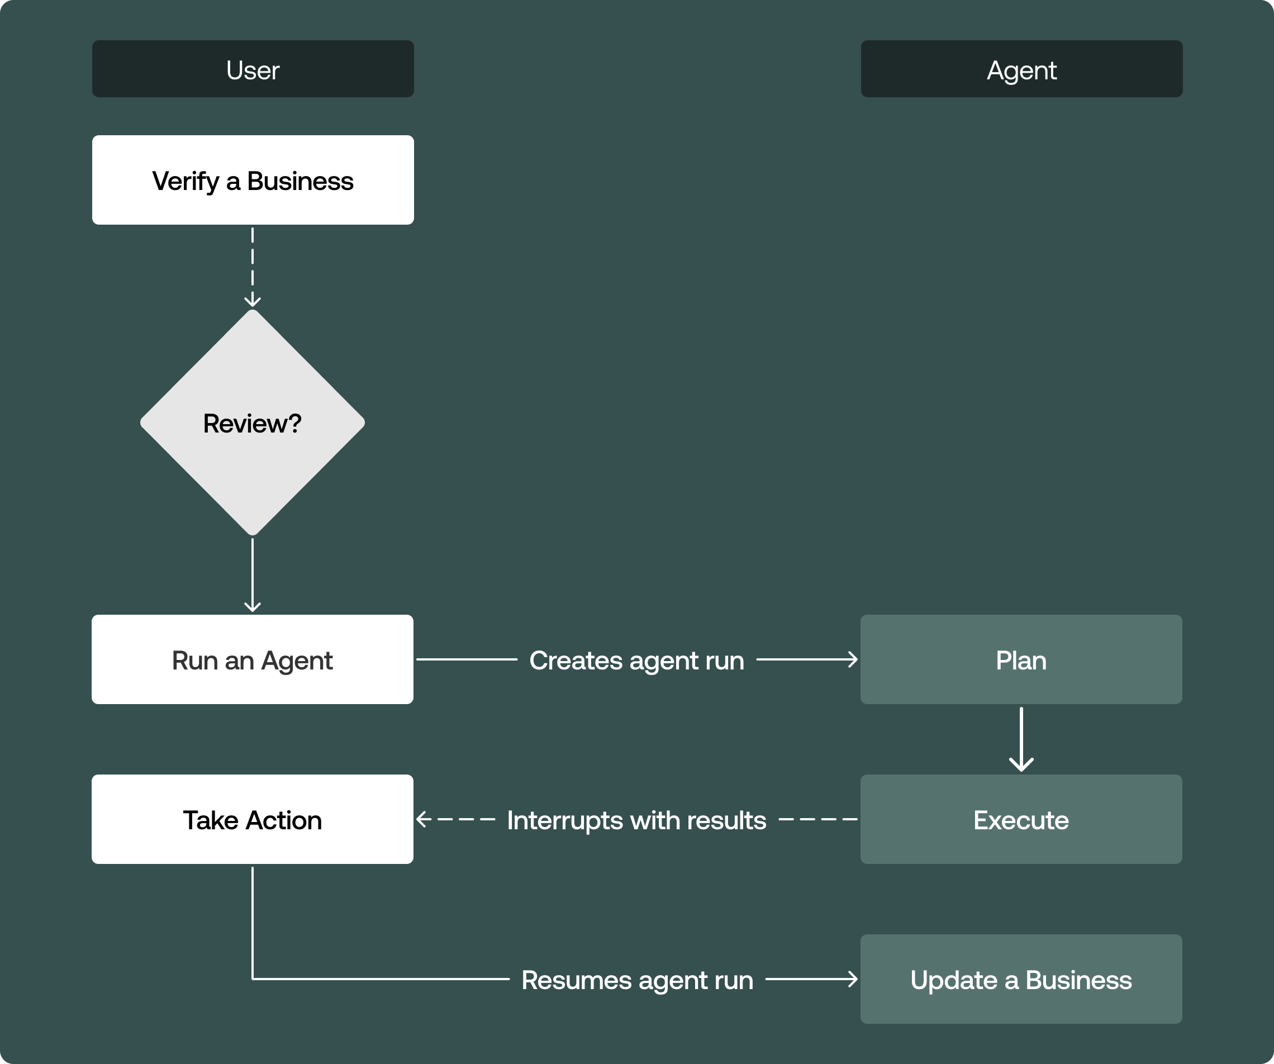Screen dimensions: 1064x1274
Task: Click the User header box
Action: (253, 69)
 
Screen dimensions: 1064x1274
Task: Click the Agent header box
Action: (1021, 69)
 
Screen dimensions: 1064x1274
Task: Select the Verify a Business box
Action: (253, 180)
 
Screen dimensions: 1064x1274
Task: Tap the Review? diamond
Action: (253, 423)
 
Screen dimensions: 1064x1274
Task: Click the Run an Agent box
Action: (253, 659)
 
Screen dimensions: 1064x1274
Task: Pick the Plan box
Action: (1020, 659)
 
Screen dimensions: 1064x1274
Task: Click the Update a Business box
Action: (1020, 979)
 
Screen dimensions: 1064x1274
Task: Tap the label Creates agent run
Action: (636, 660)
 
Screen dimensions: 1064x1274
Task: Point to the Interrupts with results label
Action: (636, 820)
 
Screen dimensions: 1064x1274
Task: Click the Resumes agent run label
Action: (637, 980)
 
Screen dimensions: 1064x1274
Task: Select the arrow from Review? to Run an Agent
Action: (253, 573)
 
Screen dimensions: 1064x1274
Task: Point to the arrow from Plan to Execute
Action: (1021, 737)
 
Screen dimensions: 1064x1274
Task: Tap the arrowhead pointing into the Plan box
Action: (853, 659)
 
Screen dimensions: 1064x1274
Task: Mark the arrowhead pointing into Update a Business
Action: (853, 978)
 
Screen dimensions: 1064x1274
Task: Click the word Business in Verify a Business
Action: (300, 180)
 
